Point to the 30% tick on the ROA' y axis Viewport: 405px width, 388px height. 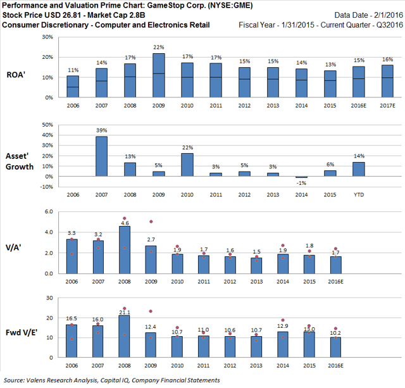pos(47,37)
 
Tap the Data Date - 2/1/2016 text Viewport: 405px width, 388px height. pos(370,15)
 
